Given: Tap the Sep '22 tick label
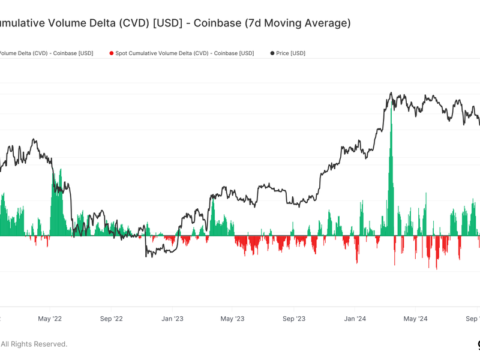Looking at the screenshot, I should point(110,319).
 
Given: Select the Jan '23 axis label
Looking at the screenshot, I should point(172,319).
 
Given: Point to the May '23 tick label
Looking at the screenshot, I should point(232,319).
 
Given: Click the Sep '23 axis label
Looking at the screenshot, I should point(293,319).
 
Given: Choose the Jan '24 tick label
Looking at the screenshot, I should point(355,319).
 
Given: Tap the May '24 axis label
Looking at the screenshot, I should point(415,319).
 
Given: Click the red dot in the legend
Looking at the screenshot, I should point(112,53).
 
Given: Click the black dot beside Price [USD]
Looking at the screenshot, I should point(272,53).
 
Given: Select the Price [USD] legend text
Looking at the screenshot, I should point(290,53).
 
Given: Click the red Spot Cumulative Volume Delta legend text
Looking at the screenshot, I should point(184,53).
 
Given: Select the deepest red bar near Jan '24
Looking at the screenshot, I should point(357,258).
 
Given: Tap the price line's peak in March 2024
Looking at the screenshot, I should point(391,93).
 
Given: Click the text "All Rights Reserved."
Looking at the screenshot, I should point(34,344).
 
